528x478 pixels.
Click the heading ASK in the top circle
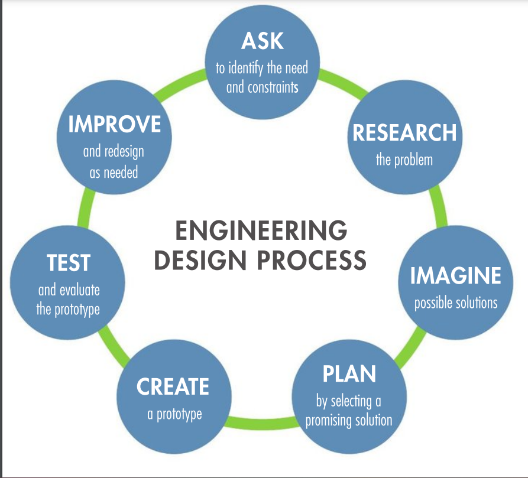point(262,41)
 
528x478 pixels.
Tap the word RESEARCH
point(404,133)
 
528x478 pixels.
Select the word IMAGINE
point(455,275)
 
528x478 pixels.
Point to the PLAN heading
point(349,374)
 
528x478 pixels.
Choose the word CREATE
point(173,387)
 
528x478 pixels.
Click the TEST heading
point(69,263)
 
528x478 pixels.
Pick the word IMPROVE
point(114,125)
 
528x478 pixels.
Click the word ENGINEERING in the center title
point(261,231)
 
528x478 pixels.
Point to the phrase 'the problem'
point(404,160)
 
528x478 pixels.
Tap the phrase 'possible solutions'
point(455,303)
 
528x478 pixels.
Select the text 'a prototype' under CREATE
point(174,414)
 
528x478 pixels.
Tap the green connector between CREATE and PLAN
point(260,423)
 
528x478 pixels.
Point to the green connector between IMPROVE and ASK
point(182,82)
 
